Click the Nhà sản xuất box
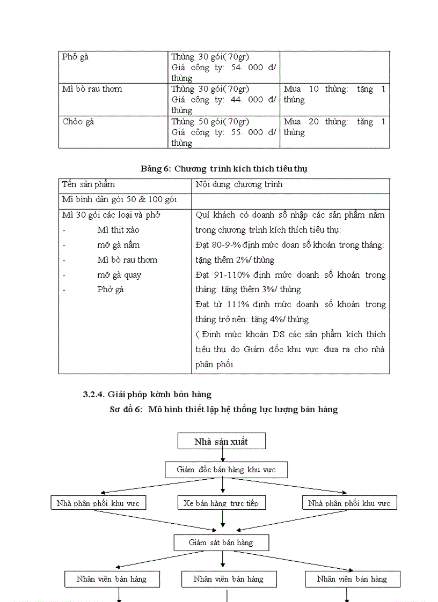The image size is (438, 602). point(221,442)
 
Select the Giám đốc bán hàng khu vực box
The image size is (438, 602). point(226,470)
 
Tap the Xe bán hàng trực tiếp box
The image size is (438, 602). point(221,503)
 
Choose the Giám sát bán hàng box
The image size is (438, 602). point(221,542)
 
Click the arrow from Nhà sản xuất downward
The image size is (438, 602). point(223,455)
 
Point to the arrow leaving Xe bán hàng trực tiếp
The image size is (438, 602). point(223,518)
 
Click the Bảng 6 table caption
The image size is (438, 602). point(224,168)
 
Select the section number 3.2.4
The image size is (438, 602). point(94,395)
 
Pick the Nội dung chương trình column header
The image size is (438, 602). point(239,184)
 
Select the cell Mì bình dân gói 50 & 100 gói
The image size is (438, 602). point(119,199)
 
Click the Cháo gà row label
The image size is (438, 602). point(78,122)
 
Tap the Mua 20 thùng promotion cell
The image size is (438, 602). point(334,127)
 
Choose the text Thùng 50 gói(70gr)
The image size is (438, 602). point(210,122)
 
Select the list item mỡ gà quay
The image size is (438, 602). point(119,275)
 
